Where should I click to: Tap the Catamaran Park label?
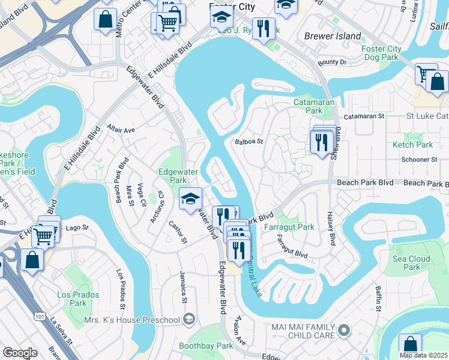pyautogui.click(x=309, y=106)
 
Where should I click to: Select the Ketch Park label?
pyautogui.click(x=412, y=145)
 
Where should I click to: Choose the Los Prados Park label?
pyautogui.click(x=72, y=298)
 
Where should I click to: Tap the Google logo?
pyautogui.click(x=19, y=353)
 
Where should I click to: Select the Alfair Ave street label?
pyautogui.click(x=121, y=129)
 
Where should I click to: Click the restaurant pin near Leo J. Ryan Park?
pyautogui.click(x=264, y=28)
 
